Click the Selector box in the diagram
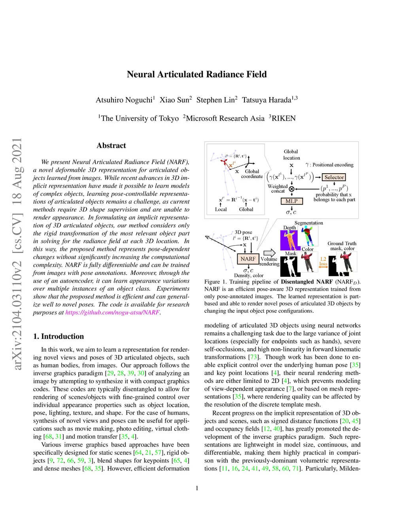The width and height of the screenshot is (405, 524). coord(334,177)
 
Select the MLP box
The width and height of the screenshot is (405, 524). coord(291,201)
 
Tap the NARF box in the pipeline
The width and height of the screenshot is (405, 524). coord(248,259)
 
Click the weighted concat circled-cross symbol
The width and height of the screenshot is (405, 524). coord(291,189)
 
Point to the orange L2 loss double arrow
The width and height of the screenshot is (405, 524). coord(323,267)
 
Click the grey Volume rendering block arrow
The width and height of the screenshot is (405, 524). coord(269,253)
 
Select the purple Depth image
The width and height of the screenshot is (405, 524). coord(289,240)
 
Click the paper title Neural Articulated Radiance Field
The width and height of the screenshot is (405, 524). coord(197,74)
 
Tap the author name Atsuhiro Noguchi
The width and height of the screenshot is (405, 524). coord(124,100)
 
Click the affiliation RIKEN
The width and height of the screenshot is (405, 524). coord(283,118)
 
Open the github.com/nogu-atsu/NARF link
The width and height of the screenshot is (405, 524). coord(112,312)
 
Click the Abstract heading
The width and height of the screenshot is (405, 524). coord(111,146)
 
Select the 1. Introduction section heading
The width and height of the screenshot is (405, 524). coord(59,336)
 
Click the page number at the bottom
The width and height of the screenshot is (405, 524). coord(197,488)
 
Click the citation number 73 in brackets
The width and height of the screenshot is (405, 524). coord(253,357)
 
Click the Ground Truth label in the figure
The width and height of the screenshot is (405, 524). coord(342,243)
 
